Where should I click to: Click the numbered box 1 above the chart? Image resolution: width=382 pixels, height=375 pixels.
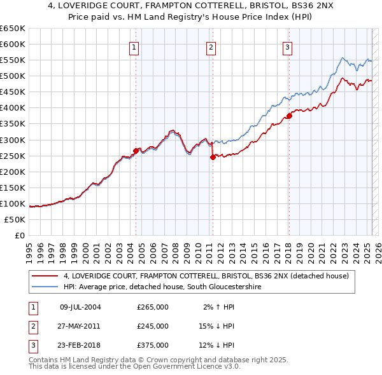pyautogui.click(x=135, y=46)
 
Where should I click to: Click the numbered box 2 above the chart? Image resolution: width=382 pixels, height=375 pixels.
pyautogui.click(x=211, y=46)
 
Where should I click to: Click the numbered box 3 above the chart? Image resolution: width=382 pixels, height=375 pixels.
pyautogui.click(x=287, y=46)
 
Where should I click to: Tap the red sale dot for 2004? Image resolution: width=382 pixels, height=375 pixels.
pyautogui.click(x=136, y=151)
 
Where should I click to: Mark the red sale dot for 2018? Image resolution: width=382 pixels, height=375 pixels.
pyautogui.click(x=288, y=116)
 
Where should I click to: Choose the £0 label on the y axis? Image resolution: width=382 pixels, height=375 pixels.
pyautogui.click(x=20, y=235)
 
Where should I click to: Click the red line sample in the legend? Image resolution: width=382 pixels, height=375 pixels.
pyautogui.click(x=45, y=276)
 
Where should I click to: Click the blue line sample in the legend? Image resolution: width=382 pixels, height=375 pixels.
pyautogui.click(x=45, y=287)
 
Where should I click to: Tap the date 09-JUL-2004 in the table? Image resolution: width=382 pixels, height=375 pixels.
pyautogui.click(x=80, y=308)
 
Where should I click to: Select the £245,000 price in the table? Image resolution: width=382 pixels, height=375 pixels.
pyautogui.click(x=153, y=326)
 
